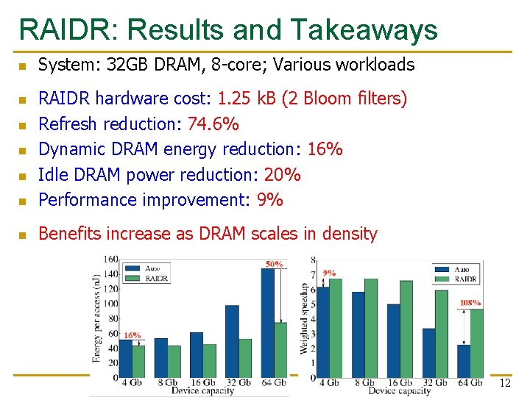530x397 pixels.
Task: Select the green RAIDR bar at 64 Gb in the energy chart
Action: coord(280,349)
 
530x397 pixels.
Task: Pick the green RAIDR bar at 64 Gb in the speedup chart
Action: coord(476,343)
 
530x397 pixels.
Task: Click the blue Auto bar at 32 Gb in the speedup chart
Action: coord(428,352)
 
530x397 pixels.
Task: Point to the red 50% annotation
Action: coord(275,264)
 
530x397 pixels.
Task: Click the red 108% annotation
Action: coord(470,303)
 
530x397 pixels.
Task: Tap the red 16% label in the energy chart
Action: coord(132,335)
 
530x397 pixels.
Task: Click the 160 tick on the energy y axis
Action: coord(110,259)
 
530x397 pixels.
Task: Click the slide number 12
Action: coord(504,384)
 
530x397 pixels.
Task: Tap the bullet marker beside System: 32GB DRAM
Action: coord(22,66)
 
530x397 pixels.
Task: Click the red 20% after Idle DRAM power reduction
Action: coord(282,175)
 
